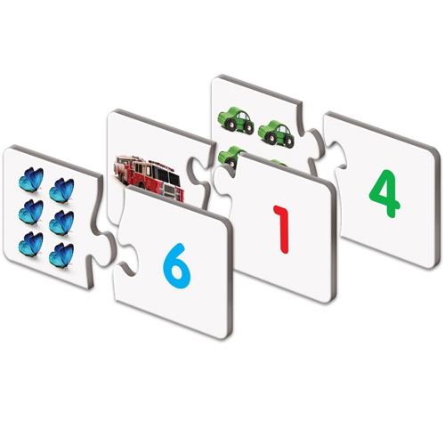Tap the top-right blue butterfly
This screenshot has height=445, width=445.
click(61, 189)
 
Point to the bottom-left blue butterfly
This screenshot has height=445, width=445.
click(31, 242)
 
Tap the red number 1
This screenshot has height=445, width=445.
click(282, 227)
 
